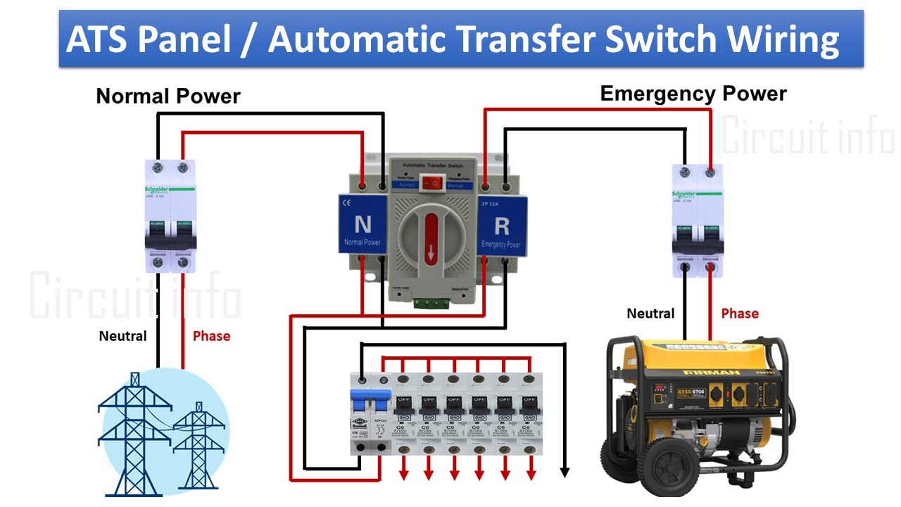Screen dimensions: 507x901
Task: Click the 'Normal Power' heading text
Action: click(x=168, y=96)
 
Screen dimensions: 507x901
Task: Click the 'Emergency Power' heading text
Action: click(x=693, y=94)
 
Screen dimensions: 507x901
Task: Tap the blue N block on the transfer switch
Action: click(x=363, y=225)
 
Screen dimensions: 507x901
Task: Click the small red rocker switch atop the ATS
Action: click(x=431, y=183)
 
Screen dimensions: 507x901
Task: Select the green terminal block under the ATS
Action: click(x=431, y=303)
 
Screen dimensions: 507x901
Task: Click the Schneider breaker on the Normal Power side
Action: click(x=170, y=215)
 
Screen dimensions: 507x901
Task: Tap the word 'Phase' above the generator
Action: click(x=740, y=313)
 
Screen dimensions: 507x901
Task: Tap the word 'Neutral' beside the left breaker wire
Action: click(x=122, y=336)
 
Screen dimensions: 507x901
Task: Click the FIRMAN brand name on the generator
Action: click(x=701, y=373)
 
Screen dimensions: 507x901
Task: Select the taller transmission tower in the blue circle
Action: click(x=134, y=430)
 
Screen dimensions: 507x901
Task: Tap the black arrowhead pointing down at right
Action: click(x=564, y=471)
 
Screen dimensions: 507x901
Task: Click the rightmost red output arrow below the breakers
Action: click(x=529, y=472)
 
